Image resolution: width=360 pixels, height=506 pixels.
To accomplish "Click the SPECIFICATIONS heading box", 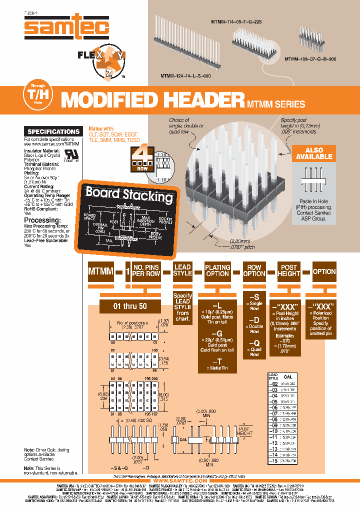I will tap(53, 131).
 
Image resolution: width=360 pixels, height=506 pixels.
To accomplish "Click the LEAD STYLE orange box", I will tap(182, 270).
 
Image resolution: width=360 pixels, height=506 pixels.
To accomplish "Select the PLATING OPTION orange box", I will tap(217, 270).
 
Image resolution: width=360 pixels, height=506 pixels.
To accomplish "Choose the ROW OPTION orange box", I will tap(254, 270).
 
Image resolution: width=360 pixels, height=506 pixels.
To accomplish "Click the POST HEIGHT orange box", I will tap(288, 270).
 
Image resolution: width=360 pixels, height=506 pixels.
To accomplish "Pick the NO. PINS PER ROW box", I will tap(146, 270).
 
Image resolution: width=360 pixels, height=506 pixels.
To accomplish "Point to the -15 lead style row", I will tap(273, 460).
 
